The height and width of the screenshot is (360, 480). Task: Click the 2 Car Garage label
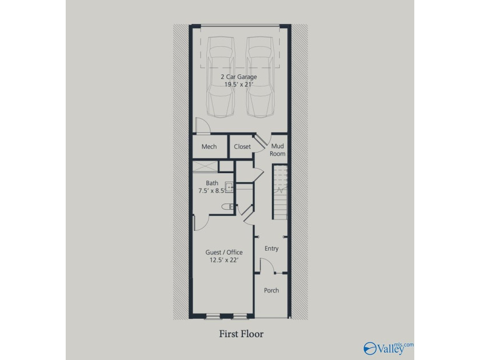(x=239, y=77)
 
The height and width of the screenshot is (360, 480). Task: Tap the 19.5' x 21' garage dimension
(x=239, y=85)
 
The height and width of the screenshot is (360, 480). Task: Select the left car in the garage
(x=222, y=77)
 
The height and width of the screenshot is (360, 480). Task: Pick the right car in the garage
(x=260, y=77)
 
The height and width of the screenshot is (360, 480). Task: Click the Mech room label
(x=209, y=147)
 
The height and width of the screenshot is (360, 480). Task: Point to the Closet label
(x=242, y=147)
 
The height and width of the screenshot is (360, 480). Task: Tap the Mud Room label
(x=278, y=150)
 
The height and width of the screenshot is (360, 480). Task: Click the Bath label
(x=212, y=183)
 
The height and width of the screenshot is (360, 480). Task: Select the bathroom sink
(x=229, y=187)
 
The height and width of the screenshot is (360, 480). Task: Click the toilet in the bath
(x=228, y=207)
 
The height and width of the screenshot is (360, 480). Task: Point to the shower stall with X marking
(x=205, y=166)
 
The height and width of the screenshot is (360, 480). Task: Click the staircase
(x=281, y=192)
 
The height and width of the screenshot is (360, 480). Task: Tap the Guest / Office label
(x=224, y=252)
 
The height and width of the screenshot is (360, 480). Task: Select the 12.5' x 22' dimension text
(x=224, y=260)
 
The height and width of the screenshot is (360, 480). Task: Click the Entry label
(x=271, y=249)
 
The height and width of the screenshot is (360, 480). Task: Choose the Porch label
(x=271, y=290)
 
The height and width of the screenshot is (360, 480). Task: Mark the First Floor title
(x=241, y=334)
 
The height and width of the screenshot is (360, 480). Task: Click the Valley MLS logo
(x=389, y=349)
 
